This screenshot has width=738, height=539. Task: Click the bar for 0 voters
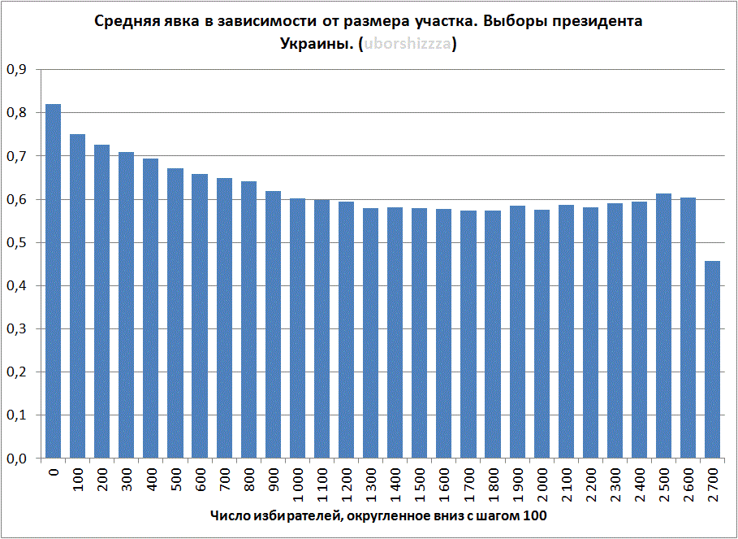54,281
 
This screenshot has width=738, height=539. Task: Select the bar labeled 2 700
712,359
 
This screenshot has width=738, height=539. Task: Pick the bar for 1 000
297,328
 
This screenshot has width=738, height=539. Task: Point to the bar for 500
175,313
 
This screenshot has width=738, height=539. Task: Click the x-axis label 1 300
371,484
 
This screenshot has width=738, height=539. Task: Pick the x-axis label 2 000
542,484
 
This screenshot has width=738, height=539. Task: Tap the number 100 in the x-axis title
535,517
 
